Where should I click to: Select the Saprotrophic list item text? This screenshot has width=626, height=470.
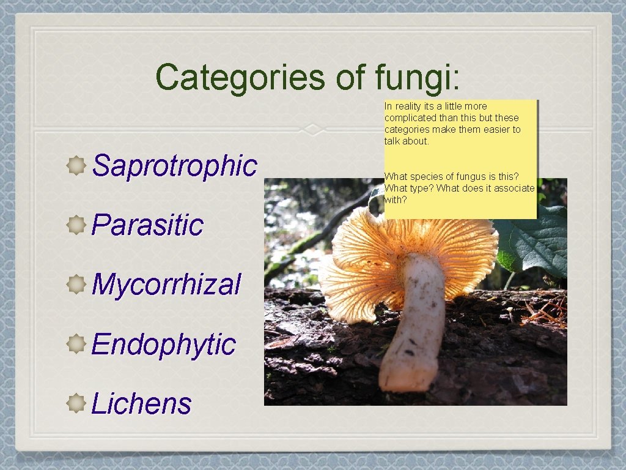pos(174,165)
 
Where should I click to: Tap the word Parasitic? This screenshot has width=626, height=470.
pos(147,225)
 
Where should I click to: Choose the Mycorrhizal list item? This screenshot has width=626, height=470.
pos(166,284)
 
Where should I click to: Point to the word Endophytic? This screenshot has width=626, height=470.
pos(163,344)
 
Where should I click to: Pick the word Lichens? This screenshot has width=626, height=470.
pos(141,403)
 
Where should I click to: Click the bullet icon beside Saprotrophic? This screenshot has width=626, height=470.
pos(76,165)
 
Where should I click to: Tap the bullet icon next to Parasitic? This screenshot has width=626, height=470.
pos(76,225)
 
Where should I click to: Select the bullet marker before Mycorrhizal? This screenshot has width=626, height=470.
pos(76,285)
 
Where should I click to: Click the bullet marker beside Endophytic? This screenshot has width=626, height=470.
pos(76,344)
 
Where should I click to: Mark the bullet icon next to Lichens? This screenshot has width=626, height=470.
pos(76,403)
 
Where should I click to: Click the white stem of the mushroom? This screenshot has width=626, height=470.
pos(416,324)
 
